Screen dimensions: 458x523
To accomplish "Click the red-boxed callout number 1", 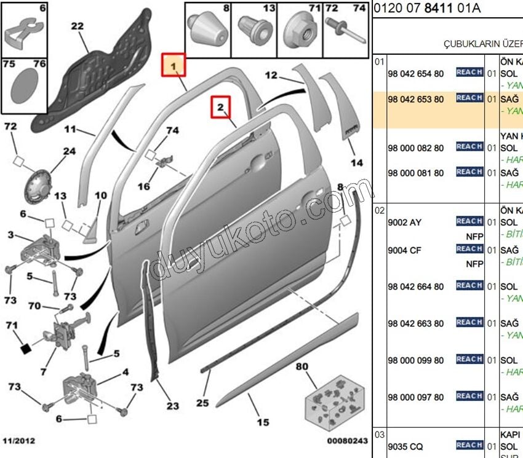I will pos(174,65).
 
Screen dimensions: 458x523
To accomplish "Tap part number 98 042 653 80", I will pos(415,100).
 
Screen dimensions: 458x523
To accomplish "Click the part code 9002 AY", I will pos(404,223).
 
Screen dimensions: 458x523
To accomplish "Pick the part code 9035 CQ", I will pos(405,446).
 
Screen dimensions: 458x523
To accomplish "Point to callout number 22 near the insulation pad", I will pos(77,26).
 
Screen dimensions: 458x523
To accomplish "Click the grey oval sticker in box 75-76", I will pos(24,85).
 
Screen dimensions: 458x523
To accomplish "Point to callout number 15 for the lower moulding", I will pos(263,422).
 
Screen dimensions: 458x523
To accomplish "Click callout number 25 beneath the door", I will pos(203,403).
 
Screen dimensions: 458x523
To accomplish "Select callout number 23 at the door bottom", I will pos(172,406).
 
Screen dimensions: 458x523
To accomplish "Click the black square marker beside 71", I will pos(25,349).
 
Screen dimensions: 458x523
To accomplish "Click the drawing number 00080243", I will pos(347,441).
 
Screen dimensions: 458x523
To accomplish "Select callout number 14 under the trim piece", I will pos(357,163).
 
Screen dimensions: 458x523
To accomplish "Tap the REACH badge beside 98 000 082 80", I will pos(469,147).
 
